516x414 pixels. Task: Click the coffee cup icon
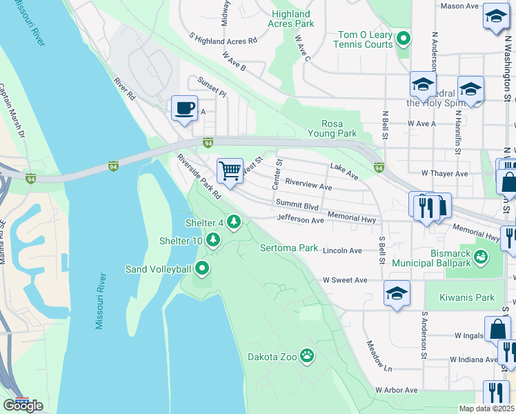184,108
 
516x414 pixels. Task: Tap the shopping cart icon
230,170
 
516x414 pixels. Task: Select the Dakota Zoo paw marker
307,356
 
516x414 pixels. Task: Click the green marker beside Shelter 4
235,222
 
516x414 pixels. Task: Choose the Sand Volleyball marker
203,268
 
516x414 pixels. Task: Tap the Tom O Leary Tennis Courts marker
404,40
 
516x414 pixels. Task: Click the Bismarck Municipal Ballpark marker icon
482,257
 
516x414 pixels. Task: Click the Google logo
23,406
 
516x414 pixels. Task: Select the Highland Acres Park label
292,19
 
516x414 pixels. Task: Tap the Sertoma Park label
288,248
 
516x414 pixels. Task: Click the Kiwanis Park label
466,298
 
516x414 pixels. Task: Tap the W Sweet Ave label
345,280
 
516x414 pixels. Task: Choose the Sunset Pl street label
212,87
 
